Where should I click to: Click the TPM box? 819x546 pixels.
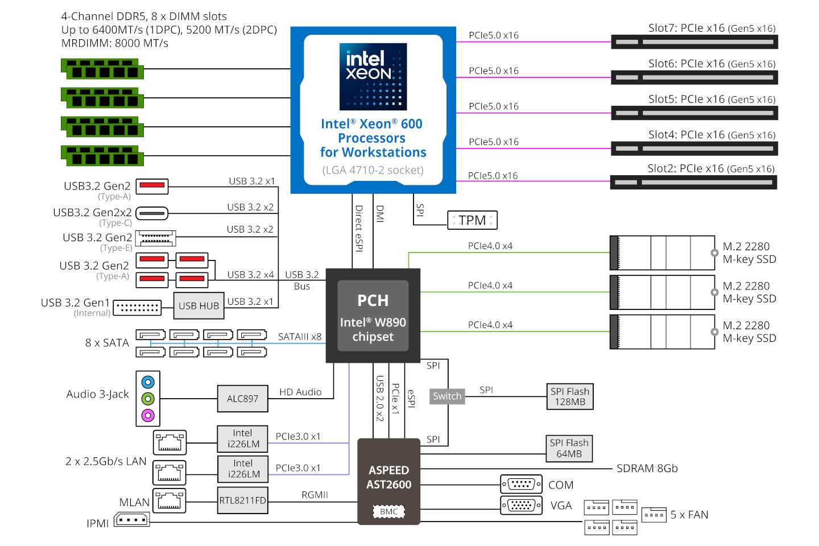[472, 220]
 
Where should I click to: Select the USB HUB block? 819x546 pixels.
[198, 306]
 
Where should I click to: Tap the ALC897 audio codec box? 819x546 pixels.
[242, 399]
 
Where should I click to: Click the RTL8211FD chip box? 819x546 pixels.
[243, 500]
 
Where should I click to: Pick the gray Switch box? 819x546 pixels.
[447, 396]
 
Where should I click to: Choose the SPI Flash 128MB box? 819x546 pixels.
[569, 396]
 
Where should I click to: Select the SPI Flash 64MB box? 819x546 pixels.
[569, 448]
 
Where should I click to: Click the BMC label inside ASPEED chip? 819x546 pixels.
[389, 511]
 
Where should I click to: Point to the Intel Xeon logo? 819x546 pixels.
[373, 76]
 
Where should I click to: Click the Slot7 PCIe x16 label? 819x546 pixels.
[712, 28]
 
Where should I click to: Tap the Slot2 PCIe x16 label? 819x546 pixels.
[711, 168]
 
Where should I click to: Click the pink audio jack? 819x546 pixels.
[148, 415]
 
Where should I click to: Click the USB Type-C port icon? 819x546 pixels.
[152, 214]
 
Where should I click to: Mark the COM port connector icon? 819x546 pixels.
[521, 484]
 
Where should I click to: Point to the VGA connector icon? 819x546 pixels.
[521, 505]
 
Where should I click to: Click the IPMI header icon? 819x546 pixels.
[132, 520]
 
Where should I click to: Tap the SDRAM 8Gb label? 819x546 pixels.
[647, 469]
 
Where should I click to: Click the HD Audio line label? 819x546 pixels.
[300, 392]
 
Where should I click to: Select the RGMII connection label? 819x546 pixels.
[315, 495]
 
